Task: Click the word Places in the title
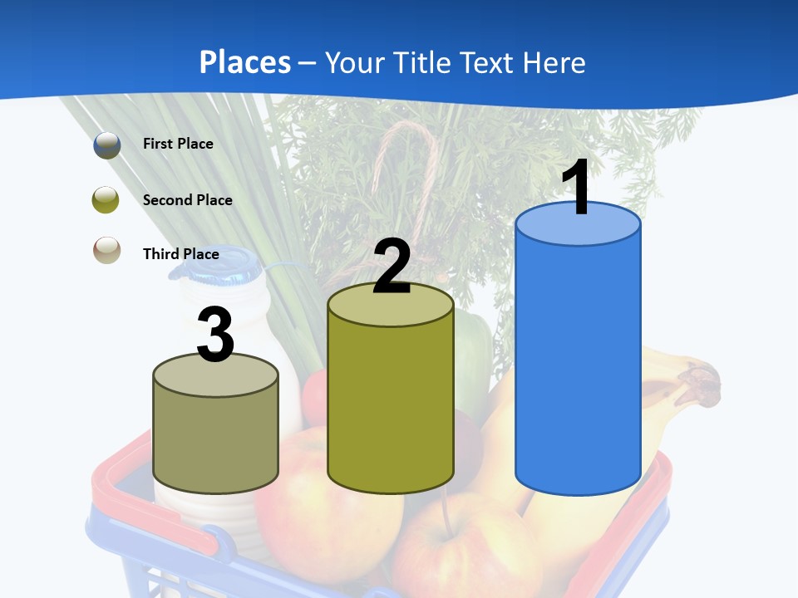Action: click(245, 62)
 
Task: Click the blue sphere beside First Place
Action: click(106, 145)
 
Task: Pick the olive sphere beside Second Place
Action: click(106, 200)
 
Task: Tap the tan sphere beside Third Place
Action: click(106, 251)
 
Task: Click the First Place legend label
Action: click(178, 144)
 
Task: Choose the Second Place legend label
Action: click(187, 200)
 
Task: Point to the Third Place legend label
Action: click(180, 254)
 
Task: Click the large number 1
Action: click(577, 188)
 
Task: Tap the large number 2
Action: click(392, 266)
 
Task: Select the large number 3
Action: click(215, 335)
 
